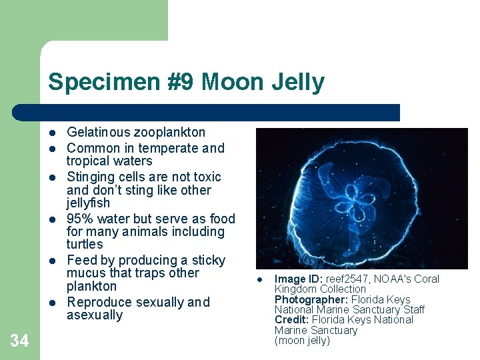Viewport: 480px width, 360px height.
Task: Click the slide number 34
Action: (19, 341)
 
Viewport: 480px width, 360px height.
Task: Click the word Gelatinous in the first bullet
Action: (99, 133)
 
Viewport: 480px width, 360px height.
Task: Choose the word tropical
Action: (90, 161)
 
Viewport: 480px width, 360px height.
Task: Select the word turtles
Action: (85, 245)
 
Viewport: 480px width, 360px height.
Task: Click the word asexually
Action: (95, 315)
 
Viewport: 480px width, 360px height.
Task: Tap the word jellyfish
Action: (88, 203)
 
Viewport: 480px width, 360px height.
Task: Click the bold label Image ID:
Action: (299, 279)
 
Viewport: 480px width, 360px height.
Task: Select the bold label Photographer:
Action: (311, 300)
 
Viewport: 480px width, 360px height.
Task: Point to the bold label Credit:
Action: (292, 320)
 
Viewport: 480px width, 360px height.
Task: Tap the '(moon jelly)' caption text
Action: (302, 341)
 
